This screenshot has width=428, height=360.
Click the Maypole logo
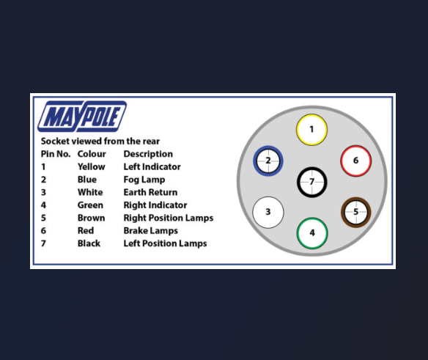click(82, 117)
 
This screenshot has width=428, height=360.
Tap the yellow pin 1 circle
click(311, 130)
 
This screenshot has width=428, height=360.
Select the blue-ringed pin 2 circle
click(268, 161)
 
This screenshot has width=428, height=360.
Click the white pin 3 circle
click(268, 212)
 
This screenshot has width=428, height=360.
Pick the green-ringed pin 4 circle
click(312, 233)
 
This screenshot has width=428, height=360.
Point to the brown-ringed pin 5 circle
click(356, 212)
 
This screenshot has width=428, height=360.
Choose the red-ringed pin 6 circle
click(355, 161)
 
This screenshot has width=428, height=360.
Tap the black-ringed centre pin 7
click(311, 182)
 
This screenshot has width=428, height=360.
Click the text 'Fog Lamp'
click(144, 180)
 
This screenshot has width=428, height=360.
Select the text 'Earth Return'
click(150, 192)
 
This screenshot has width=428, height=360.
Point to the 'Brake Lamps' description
click(151, 231)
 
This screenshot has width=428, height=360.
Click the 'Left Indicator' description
click(152, 166)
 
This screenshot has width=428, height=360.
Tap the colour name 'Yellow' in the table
click(91, 166)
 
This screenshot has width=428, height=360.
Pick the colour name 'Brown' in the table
click(91, 218)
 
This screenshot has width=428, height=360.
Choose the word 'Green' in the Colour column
click(90, 205)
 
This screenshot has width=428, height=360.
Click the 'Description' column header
click(148, 154)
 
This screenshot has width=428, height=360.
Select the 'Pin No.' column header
click(56, 154)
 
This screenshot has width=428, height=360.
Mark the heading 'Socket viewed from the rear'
click(100, 142)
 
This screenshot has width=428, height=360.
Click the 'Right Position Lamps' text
click(169, 218)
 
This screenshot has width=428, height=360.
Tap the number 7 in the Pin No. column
click(43, 243)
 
